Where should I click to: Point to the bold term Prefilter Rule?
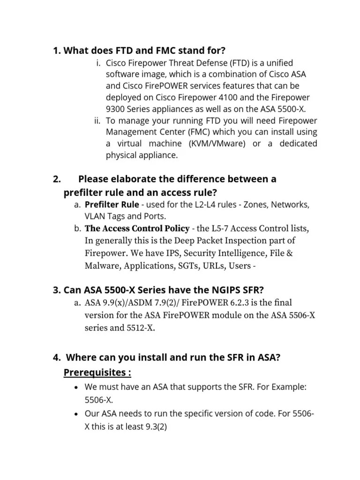(x=112, y=205)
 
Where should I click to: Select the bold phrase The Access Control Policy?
(x=137, y=229)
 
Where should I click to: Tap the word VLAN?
(x=94, y=217)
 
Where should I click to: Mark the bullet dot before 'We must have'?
(x=76, y=389)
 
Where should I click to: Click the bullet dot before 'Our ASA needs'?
(x=76, y=414)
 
